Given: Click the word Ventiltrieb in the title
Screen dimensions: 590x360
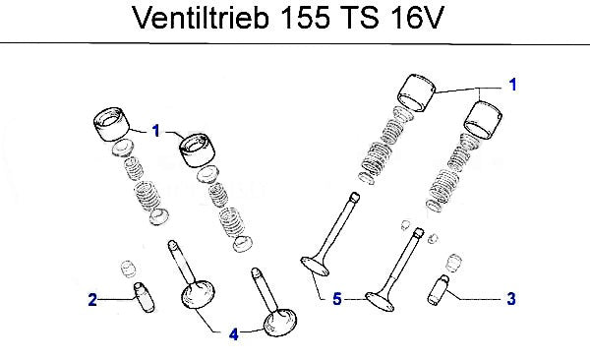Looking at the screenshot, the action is coord(201,18).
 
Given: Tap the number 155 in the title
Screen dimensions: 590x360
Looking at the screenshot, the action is coord(306,18).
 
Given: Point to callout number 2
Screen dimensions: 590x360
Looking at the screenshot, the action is coord(92,300).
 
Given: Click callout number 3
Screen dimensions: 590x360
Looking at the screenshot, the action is coord(511,299).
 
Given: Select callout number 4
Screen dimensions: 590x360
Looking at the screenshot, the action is coord(234,334).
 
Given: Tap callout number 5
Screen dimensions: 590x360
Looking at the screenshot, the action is coord(337,299).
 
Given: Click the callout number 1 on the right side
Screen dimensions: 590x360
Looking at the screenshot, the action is coord(513,85).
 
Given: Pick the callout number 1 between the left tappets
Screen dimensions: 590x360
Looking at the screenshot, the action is coord(156,131).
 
